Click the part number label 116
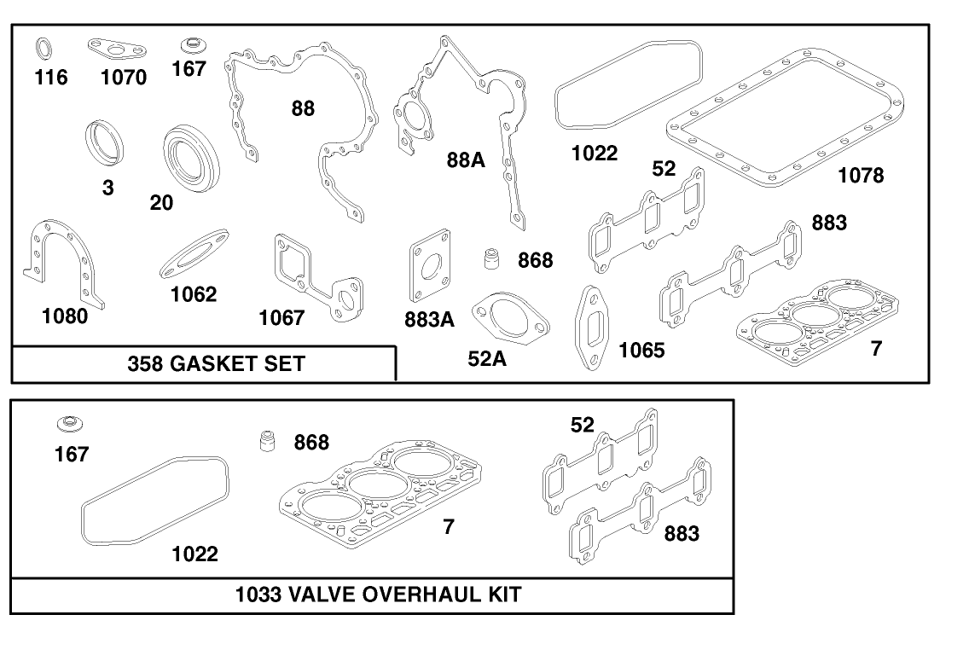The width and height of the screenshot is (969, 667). pos(50,78)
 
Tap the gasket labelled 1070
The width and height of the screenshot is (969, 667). pos(114,48)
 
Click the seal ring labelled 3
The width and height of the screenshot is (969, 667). pos(105,142)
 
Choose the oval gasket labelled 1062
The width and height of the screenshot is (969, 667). pos(194,254)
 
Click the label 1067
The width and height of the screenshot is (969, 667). pos(281,318)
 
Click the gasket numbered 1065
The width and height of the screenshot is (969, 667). pos(593,328)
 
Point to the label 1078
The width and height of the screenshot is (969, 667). pos(861,176)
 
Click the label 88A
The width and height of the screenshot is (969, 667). pos(466,159)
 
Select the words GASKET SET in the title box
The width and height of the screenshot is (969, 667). pos(238,364)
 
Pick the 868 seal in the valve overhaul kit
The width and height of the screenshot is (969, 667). pos(270,443)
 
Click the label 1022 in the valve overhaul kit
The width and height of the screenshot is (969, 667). pos(194,554)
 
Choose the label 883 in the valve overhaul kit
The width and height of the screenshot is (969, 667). pos(682,534)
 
